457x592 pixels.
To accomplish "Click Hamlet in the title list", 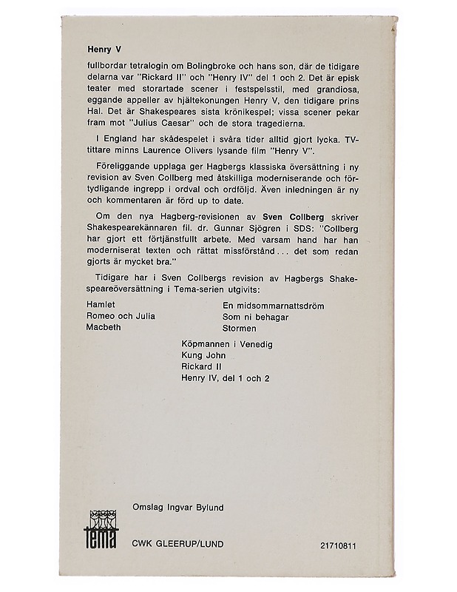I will (103, 304).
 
